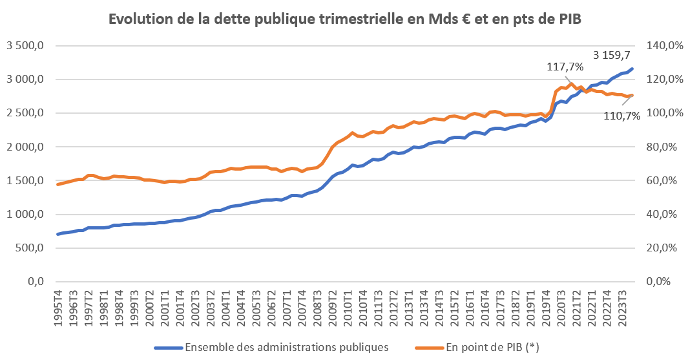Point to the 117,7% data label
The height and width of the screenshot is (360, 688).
(565, 67)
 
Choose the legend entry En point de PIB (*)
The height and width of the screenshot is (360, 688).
(492, 346)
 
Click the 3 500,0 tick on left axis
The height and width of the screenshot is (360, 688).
(25, 46)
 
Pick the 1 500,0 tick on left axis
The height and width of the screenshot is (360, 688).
(25, 181)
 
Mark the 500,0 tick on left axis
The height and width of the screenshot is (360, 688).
(29, 248)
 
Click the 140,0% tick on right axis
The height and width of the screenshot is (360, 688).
(662, 46)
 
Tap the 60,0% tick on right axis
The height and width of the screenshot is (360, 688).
(662, 181)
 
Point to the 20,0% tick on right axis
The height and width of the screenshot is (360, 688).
(662, 248)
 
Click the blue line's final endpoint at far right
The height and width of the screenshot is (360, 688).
(632, 69)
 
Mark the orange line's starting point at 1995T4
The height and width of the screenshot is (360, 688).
(58, 184)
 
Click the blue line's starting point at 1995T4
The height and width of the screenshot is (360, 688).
(58, 234)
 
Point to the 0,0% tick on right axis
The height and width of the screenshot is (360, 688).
(662, 282)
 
